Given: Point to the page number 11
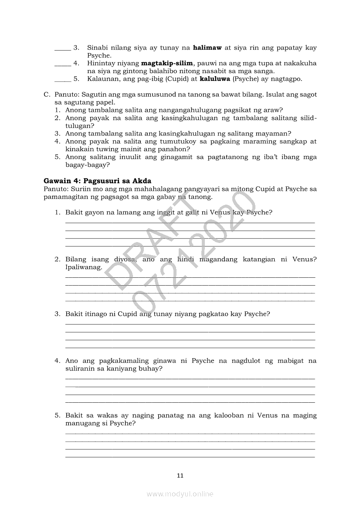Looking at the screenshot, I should (180, 475).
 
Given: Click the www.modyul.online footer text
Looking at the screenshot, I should (180, 494).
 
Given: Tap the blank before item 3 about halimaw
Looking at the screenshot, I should (62, 48).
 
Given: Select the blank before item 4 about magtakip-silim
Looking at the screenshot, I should (62, 64).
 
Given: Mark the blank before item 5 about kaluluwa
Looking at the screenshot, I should (62, 80).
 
